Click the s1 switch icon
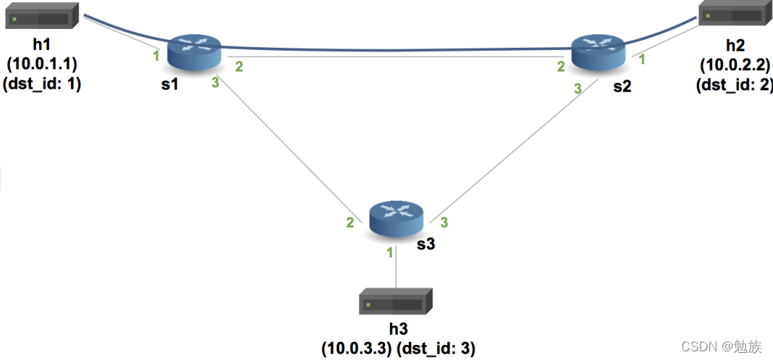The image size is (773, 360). coord(194,51)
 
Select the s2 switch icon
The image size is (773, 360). coord(597,51)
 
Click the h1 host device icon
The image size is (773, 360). coord(42,17)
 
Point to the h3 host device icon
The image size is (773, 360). coord(395,301)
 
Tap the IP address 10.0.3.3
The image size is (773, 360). coord(355,348)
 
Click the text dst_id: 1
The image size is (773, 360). coord(43,83)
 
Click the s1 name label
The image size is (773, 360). coord(170,85)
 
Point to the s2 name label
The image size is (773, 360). coord(621,87)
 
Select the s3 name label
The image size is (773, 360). coord(426,244)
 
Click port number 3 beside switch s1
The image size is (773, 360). coord(215,83)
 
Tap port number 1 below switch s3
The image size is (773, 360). coord(390,252)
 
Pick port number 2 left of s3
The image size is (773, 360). coord(350,223)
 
